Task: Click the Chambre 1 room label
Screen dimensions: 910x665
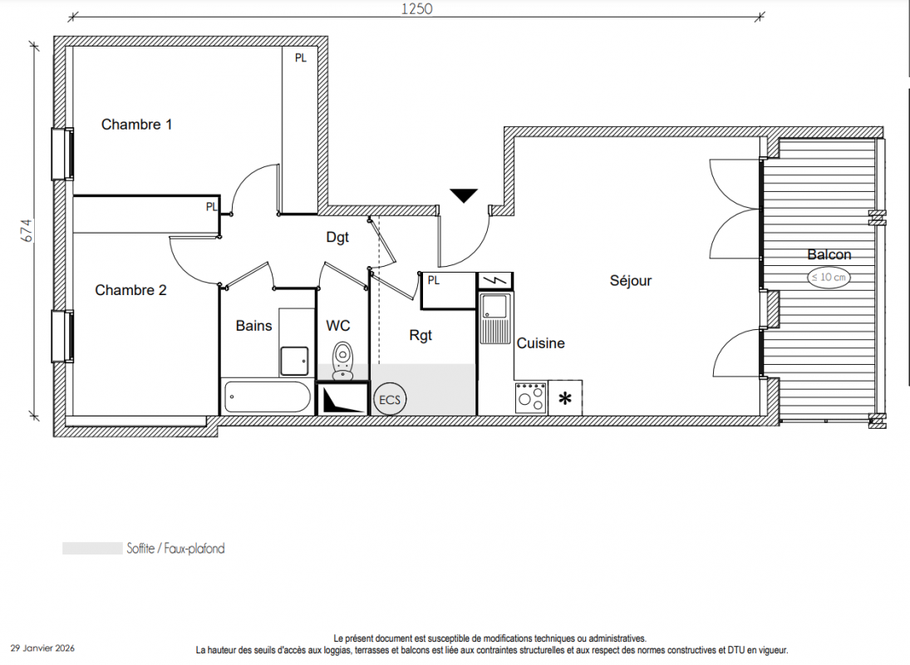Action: point(136,124)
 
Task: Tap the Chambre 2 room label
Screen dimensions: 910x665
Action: point(130,290)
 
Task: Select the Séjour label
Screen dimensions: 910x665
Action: point(630,281)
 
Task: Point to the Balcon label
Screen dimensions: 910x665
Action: point(829,254)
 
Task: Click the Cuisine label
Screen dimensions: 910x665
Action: point(540,343)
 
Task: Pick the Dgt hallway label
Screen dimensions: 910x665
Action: point(337,238)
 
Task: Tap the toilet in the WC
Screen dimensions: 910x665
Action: point(342,361)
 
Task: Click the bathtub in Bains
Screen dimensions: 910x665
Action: point(267,397)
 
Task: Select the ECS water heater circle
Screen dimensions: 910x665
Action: point(390,400)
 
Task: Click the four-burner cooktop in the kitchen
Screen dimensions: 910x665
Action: point(530,397)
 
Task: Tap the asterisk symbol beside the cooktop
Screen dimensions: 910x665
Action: point(564,399)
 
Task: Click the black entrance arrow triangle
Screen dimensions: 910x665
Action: point(464,195)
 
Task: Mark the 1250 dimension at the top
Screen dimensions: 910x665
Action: point(416,8)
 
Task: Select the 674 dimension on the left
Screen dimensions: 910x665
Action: point(27,230)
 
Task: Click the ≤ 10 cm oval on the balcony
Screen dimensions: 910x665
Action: point(829,278)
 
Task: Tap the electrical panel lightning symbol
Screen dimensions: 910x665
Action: point(494,281)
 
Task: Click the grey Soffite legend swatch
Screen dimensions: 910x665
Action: point(92,549)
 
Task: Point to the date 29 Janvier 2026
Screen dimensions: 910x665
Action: point(43,648)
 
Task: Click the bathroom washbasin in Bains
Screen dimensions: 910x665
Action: point(294,361)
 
